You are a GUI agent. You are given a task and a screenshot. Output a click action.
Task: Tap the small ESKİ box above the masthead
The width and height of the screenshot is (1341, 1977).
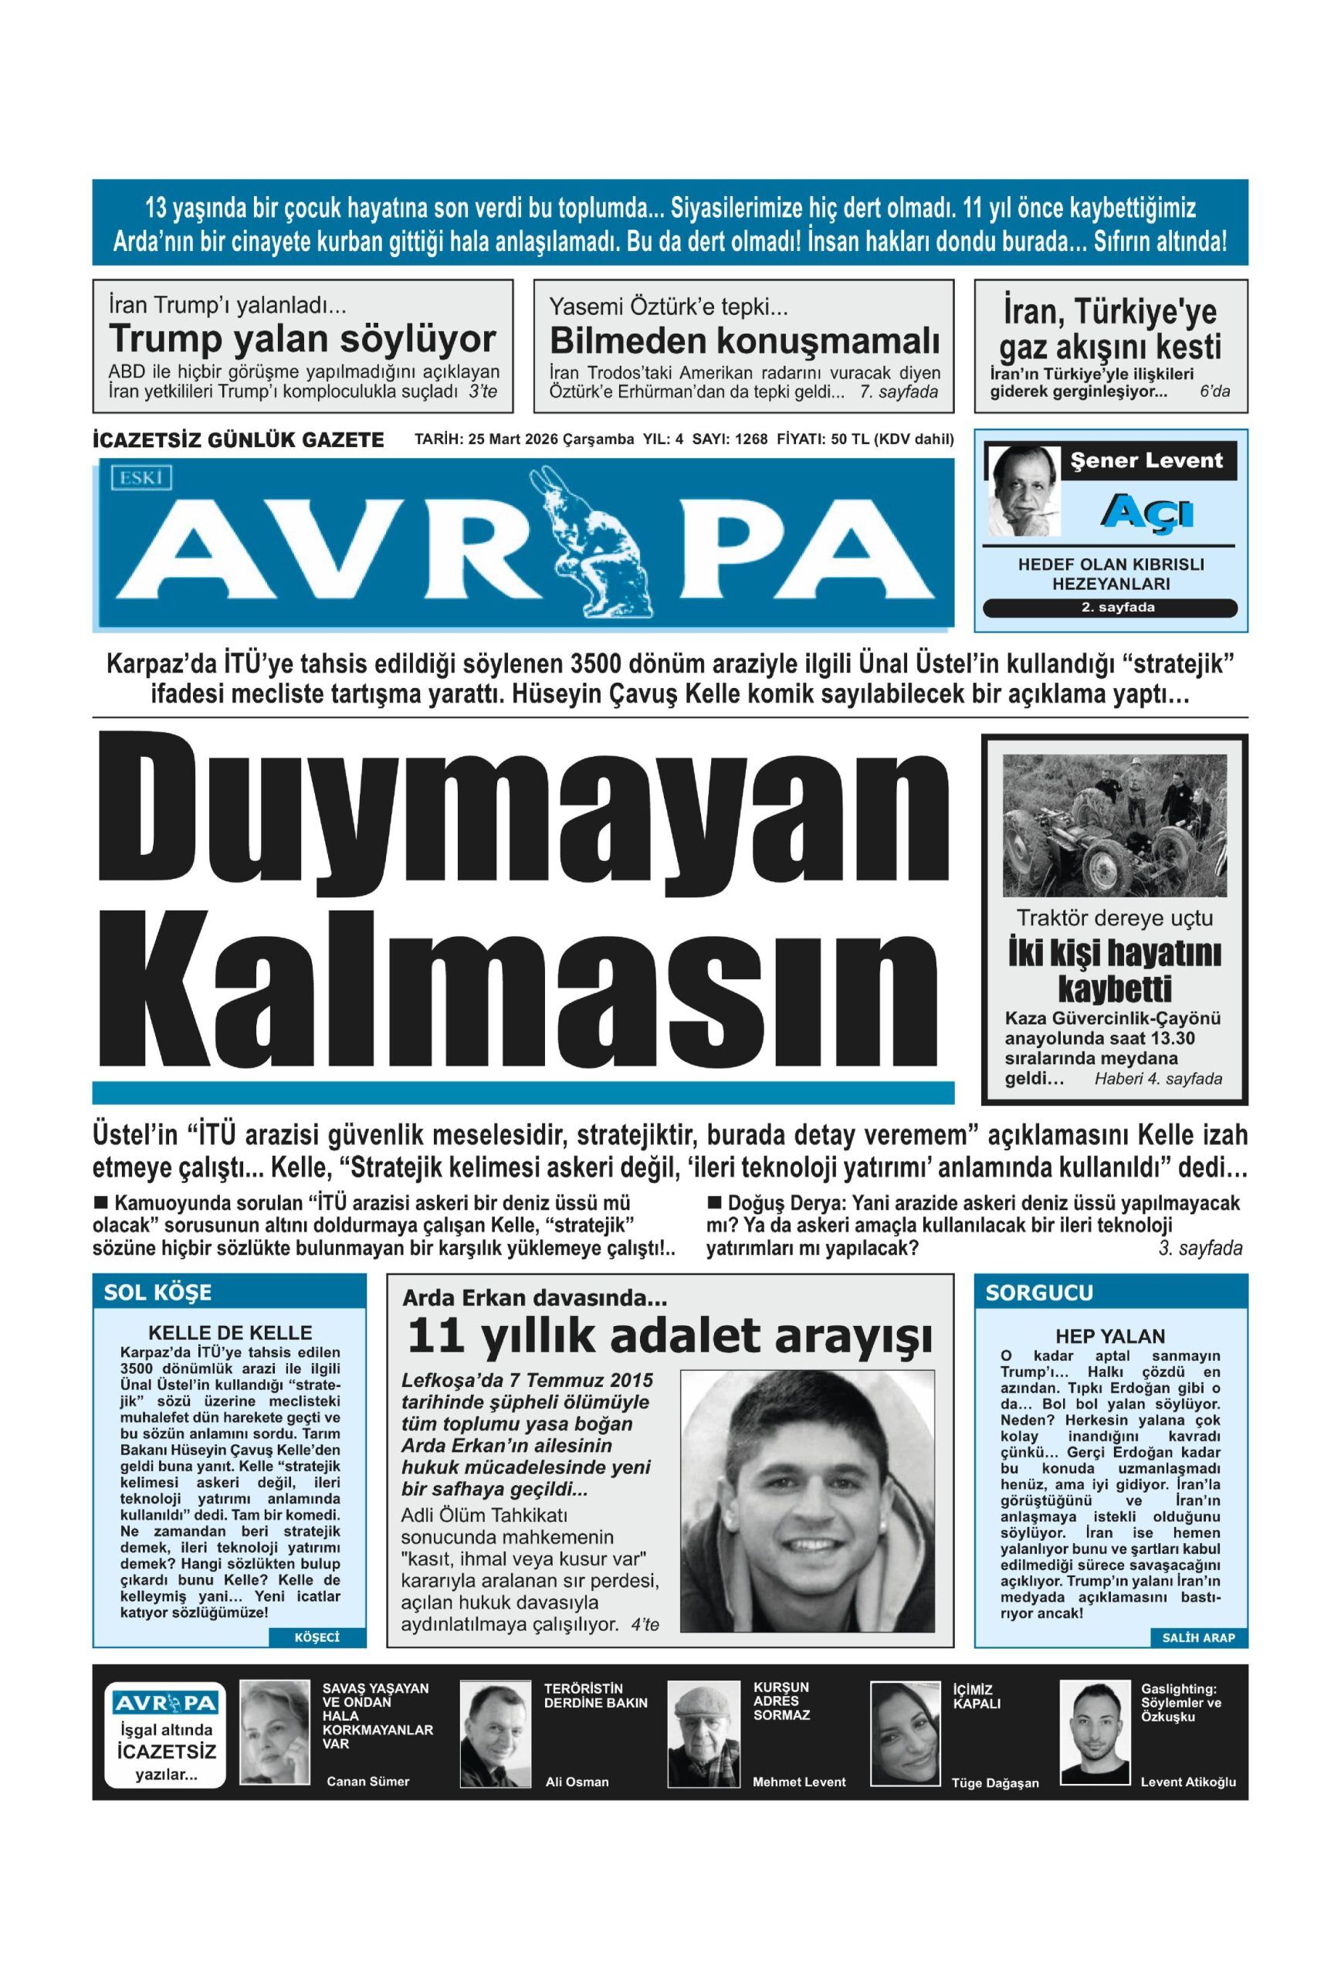coord(141,478)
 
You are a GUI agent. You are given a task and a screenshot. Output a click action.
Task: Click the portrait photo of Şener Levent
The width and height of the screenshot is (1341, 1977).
coord(1023,491)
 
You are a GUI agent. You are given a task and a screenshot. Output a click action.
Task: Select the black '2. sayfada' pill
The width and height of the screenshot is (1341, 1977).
coord(1109,608)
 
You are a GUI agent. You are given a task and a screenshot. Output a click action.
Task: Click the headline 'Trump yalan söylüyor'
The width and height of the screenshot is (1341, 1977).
coord(302,340)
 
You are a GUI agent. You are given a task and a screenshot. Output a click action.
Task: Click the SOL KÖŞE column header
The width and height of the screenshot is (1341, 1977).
coord(158,1292)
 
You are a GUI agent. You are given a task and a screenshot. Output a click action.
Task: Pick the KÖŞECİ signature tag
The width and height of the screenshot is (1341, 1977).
coord(317,1636)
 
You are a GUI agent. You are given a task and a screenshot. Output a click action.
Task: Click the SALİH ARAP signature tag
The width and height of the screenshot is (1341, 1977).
coord(1197,1636)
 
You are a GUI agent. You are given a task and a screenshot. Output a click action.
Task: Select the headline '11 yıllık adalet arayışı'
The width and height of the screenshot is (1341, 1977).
coord(669,1337)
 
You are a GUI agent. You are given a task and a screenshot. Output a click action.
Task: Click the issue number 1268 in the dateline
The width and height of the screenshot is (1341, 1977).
coord(751,439)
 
